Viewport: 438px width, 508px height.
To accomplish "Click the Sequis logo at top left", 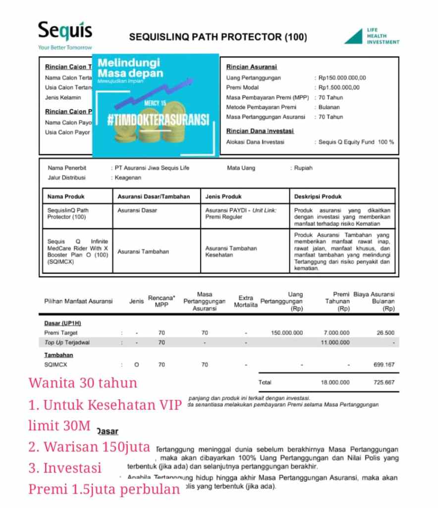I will (x=65, y=33).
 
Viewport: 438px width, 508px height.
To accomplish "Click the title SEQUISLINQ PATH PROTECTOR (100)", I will (x=218, y=37).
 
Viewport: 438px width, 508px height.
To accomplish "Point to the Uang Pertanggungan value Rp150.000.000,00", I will (x=342, y=78).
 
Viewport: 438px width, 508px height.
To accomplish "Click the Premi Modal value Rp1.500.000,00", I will (x=339, y=88).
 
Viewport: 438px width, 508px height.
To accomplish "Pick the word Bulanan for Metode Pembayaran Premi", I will (x=329, y=107).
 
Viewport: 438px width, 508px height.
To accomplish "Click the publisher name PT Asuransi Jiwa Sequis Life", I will (x=152, y=168).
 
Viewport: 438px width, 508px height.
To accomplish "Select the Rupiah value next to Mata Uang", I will (x=303, y=168).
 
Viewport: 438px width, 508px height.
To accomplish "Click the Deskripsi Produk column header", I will (x=318, y=196).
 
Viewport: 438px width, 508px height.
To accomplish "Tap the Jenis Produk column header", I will (x=223, y=196).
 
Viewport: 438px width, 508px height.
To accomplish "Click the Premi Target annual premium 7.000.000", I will (x=336, y=333).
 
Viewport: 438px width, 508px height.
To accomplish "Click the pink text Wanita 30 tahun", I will (x=83, y=383).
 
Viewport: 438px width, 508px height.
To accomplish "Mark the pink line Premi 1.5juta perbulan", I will (x=104, y=490).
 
